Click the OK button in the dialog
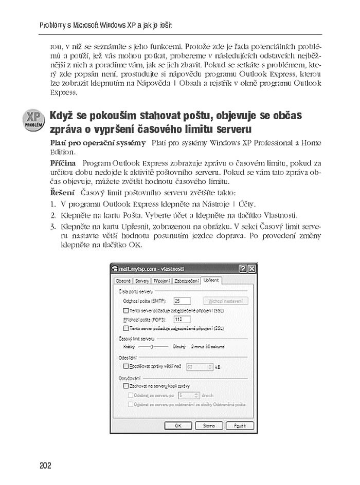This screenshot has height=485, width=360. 178,425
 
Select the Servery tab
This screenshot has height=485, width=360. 142,281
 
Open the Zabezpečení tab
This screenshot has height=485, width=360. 186,281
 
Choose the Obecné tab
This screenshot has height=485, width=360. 123,281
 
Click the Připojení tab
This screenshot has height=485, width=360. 162,281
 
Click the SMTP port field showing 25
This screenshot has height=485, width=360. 182,301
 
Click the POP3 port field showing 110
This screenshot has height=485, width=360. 182,319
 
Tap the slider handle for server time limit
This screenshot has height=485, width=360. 152,347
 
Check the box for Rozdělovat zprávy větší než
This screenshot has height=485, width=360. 126,366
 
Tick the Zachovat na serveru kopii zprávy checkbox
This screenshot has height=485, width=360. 126,385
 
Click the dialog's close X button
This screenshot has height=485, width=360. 251,269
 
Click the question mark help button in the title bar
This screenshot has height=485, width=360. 243,269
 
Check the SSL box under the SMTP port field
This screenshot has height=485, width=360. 126,310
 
